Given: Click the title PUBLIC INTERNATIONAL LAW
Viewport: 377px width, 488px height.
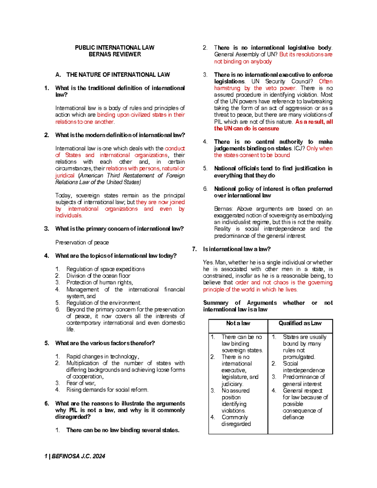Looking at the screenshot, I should (114, 48).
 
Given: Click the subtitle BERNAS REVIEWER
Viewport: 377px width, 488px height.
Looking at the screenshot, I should (115, 54).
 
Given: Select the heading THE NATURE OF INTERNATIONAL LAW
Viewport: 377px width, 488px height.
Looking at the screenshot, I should (118, 75).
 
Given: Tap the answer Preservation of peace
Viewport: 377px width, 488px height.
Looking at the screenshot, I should (82, 243).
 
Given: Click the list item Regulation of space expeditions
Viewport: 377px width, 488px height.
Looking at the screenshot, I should (105, 269).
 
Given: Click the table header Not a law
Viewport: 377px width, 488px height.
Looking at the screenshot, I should (238, 323).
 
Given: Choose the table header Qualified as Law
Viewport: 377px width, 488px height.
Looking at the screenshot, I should (300, 323).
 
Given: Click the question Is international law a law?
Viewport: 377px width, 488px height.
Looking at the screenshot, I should (237, 249).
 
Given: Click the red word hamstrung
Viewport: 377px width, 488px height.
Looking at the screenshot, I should (227, 88).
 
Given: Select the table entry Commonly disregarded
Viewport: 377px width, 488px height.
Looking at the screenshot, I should (236, 421).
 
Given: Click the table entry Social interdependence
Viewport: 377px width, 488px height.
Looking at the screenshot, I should (303, 367).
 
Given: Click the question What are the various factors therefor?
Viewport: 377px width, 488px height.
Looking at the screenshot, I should (105, 343).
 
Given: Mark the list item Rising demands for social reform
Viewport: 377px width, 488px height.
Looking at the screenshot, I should (107, 390).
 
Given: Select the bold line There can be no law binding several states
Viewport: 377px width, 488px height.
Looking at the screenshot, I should (123, 430).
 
